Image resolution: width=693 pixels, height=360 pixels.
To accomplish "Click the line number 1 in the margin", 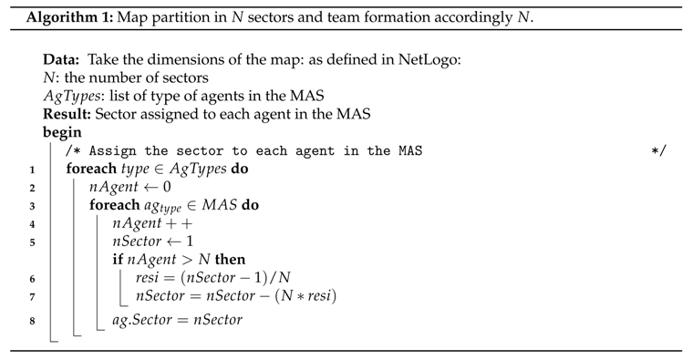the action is click(32, 170).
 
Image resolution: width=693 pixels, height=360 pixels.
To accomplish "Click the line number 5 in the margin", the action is click(32, 242).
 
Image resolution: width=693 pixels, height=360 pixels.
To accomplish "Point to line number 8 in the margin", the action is click(32, 321).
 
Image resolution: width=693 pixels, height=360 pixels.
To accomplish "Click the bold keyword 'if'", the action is click(118, 260).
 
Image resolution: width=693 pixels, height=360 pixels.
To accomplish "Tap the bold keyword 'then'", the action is click(230, 260).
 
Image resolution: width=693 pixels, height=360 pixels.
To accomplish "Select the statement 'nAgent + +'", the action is click(152, 223).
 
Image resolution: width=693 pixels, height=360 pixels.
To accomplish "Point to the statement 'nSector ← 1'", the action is click(153, 242).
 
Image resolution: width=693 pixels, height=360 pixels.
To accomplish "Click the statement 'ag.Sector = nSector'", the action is click(177, 321).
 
